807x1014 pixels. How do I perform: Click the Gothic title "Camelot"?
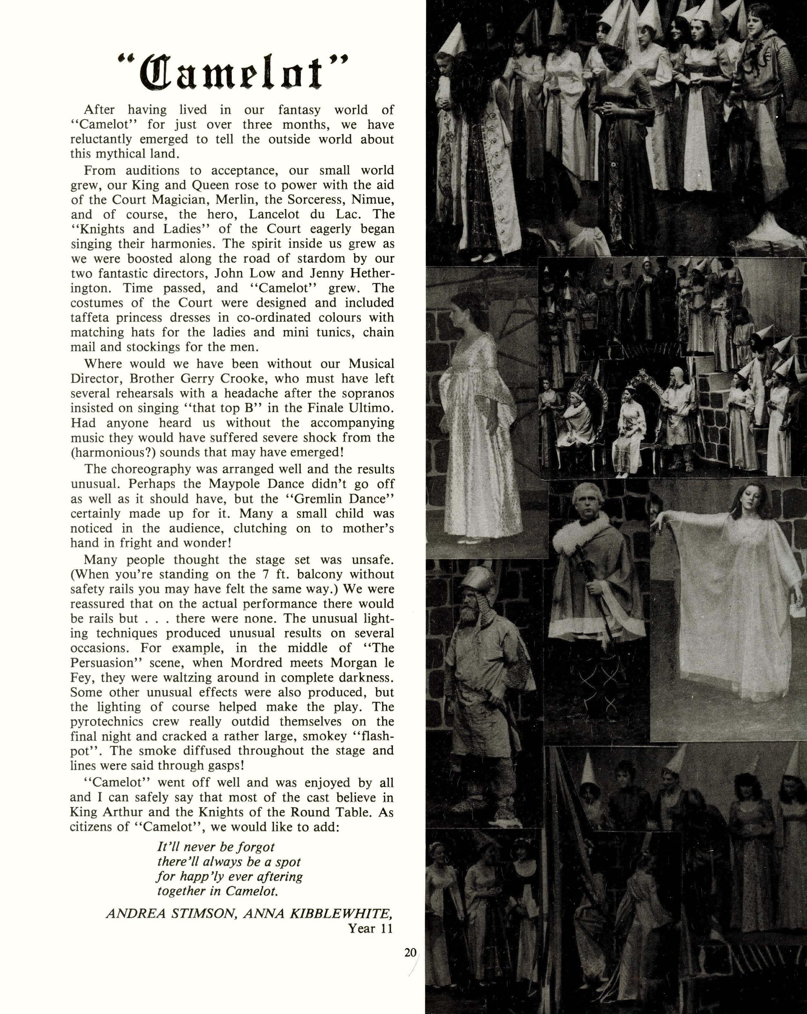point(233,73)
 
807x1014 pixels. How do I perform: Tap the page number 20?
point(410,952)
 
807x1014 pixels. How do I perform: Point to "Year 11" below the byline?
point(370,928)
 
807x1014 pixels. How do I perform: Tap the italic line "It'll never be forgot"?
point(216,847)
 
